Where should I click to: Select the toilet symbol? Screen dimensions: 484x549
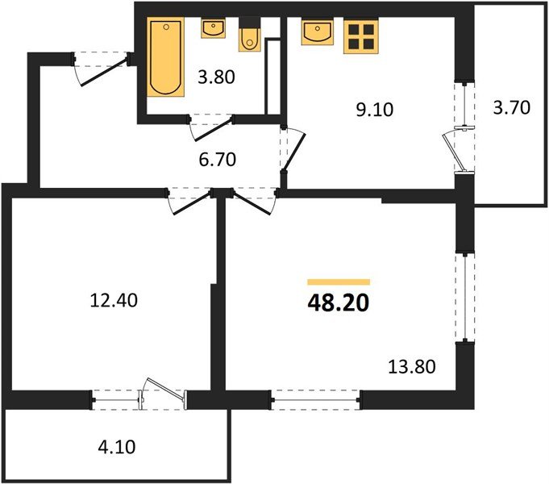point(250,37)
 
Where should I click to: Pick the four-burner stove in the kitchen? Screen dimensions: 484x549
point(360,36)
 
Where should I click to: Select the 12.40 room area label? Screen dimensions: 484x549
point(114,302)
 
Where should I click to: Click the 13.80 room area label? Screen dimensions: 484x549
point(412,367)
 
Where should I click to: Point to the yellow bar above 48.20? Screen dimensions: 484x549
point(339,282)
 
